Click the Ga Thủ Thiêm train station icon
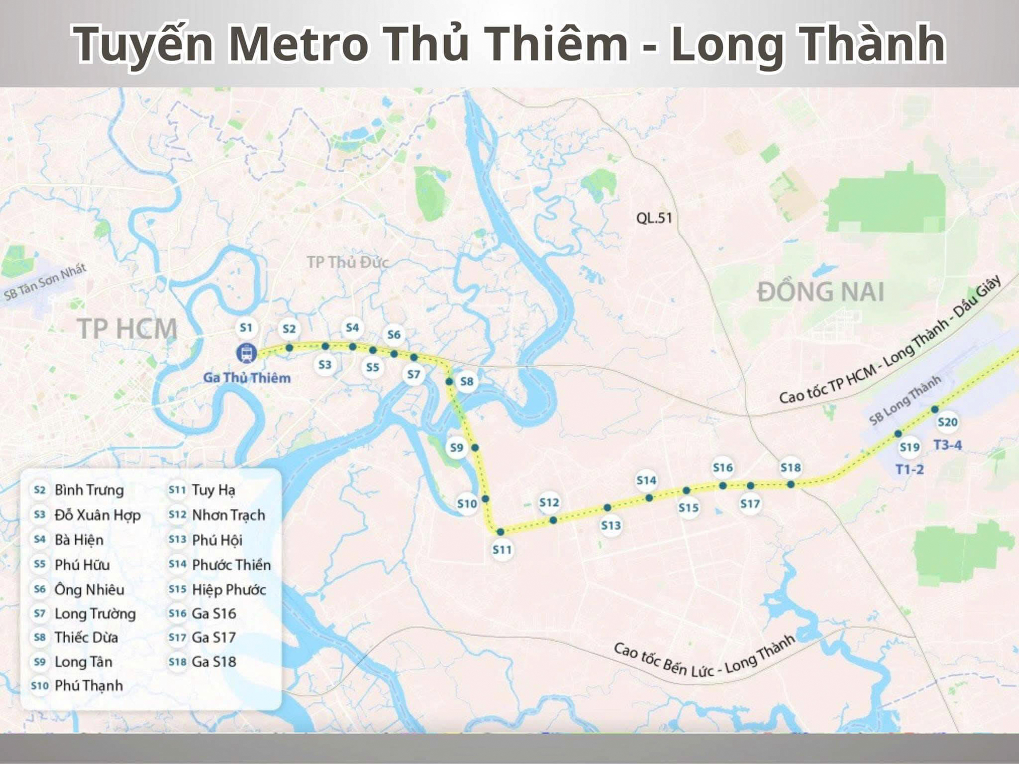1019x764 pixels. (247, 353)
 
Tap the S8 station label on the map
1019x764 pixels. (467, 381)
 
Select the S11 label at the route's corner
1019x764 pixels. (502, 550)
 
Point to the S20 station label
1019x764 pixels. (947, 422)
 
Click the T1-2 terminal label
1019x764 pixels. (909, 469)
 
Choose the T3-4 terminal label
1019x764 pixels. (947, 445)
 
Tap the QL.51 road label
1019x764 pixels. (654, 218)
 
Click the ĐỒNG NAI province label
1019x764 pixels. (820, 292)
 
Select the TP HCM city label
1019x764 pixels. (127, 329)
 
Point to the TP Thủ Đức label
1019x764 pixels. (347, 262)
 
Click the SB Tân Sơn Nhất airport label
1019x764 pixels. (45, 281)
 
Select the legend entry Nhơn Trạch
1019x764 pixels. (228, 515)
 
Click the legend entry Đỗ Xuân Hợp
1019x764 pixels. (97, 515)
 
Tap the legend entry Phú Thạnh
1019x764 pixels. (89, 686)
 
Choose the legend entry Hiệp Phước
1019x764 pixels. (229, 589)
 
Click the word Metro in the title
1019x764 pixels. (298, 43)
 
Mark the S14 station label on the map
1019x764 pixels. (646, 480)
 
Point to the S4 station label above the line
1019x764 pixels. (352, 328)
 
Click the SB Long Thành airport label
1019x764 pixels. (904, 400)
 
